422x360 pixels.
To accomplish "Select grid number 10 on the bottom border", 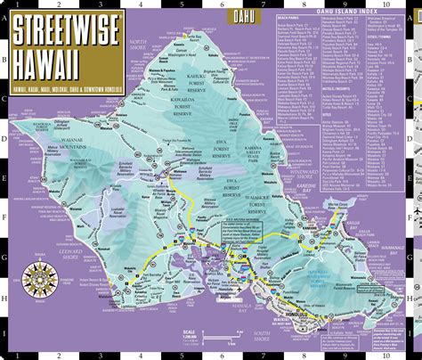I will [x=389, y=354].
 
